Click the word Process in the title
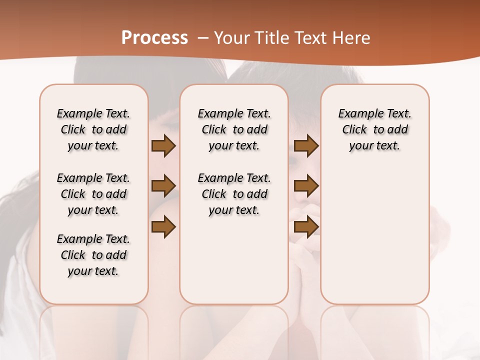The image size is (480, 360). (x=154, y=38)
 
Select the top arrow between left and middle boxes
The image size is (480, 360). (x=163, y=145)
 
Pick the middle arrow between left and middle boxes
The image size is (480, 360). (x=163, y=186)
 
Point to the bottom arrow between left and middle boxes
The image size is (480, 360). (x=163, y=226)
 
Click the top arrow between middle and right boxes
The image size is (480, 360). (x=306, y=145)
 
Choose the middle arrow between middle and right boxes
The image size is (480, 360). (x=306, y=186)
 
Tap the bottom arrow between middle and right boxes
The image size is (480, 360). (x=306, y=226)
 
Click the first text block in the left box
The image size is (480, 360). (x=93, y=129)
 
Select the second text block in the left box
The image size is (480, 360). (x=93, y=194)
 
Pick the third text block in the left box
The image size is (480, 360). (x=93, y=255)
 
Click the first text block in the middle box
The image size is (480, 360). (x=234, y=129)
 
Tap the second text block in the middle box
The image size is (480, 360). (x=234, y=194)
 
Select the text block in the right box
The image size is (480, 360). (x=374, y=129)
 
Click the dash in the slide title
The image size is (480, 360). (x=203, y=38)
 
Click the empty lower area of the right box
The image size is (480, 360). (x=374, y=235)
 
